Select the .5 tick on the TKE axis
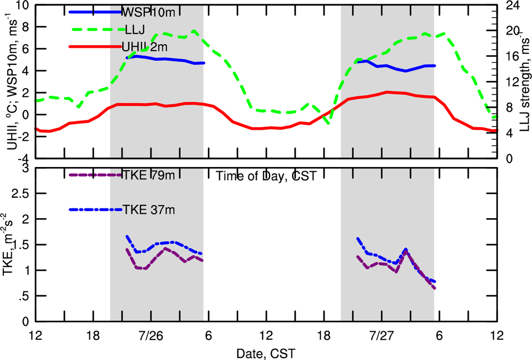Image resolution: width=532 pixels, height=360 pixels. coord(23,296)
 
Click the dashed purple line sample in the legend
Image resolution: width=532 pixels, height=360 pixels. coord(96,175)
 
